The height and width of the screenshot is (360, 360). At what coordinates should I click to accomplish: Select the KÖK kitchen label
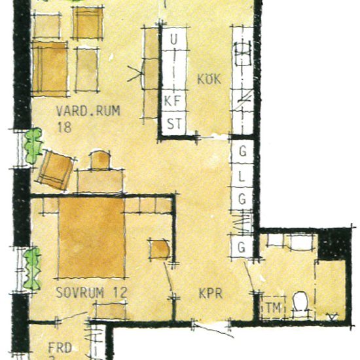click(209, 80)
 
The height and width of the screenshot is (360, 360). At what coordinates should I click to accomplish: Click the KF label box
click(173, 101)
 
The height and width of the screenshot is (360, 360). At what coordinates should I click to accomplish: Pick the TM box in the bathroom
click(271, 308)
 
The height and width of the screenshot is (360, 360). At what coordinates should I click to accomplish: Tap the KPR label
click(211, 295)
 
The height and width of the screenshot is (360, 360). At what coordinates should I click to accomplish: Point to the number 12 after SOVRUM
click(118, 292)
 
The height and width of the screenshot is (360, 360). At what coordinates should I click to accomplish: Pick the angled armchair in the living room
click(56, 170)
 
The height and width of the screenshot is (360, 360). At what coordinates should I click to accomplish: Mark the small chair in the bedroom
click(160, 249)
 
